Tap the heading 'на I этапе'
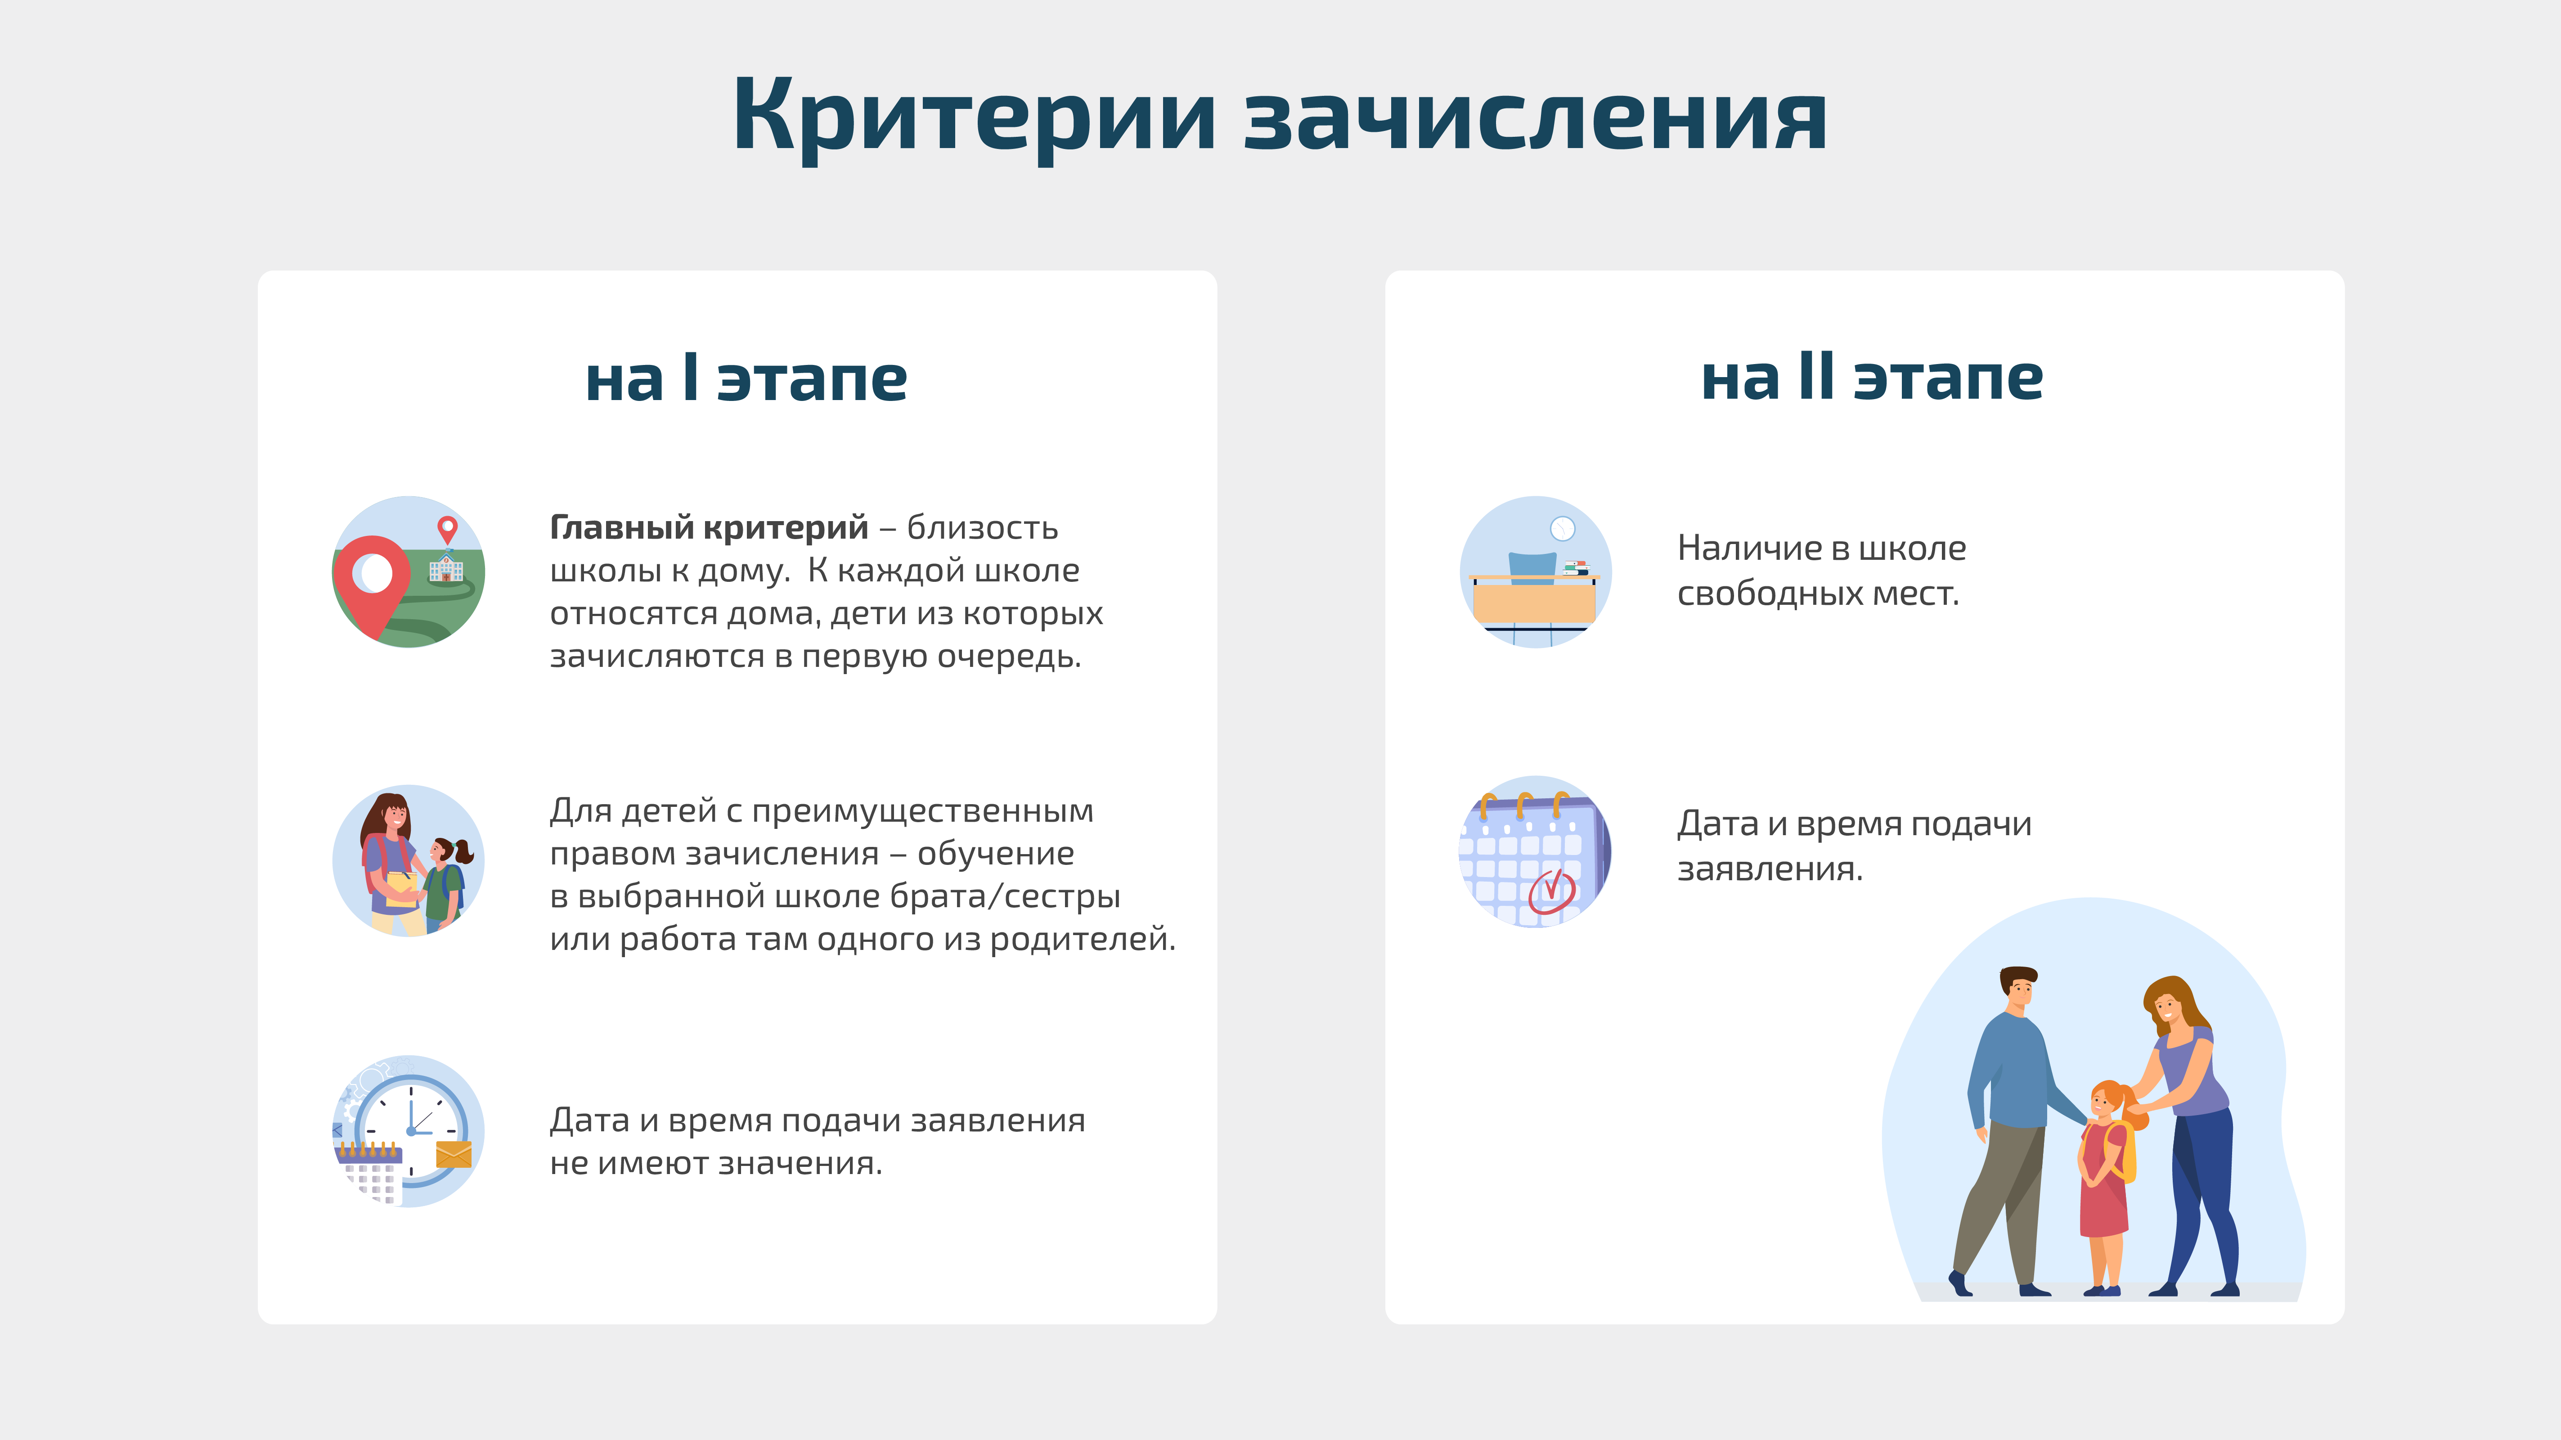(x=746, y=379)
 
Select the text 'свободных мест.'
(x=1817, y=594)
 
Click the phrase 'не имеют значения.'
(x=716, y=1162)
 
